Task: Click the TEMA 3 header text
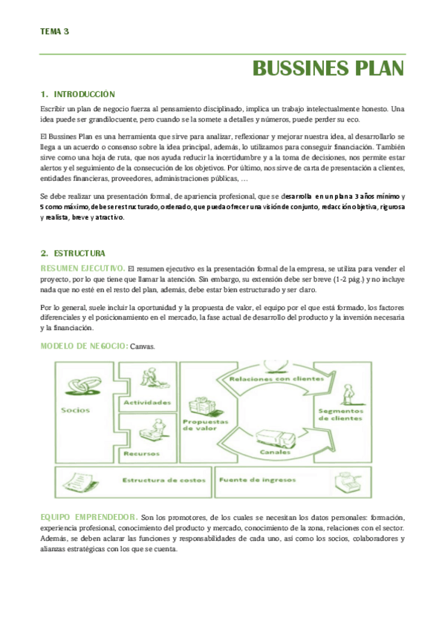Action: point(55,31)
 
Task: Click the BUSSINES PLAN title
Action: point(328,68)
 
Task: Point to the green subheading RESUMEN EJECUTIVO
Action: point(82,269)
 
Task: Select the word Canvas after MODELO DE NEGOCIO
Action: point(143,346)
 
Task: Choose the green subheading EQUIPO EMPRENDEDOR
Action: point(89,517)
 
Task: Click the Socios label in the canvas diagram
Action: point(76,410)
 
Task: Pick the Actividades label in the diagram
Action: point(147,402)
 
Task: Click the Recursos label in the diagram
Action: point(141,454)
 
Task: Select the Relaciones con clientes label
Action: point(276,379)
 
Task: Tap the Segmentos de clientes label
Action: point(340,415)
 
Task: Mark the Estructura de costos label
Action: point(164,480)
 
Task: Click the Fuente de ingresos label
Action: point(258,480)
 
